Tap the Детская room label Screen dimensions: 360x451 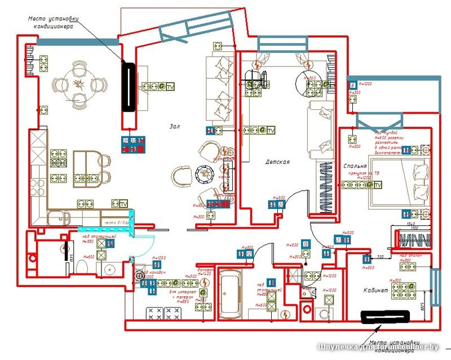coord(277,162)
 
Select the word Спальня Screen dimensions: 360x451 coord(355,167)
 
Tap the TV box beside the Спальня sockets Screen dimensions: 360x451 coord(378,185)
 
